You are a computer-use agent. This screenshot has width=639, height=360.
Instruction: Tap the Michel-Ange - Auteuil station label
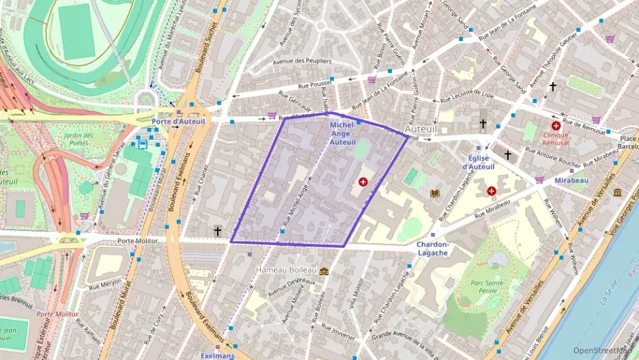(x=342, y=134)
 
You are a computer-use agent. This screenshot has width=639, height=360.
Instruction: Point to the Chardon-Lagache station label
(x=431, y=249)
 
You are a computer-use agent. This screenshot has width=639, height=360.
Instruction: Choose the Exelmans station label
(x=217, y=355)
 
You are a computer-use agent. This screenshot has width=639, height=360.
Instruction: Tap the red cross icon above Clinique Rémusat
(x=556, y=126)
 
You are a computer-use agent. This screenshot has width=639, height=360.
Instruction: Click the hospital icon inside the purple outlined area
(x=363, y=182)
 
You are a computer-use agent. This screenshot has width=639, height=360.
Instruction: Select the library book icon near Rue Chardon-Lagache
(x=434, y=193)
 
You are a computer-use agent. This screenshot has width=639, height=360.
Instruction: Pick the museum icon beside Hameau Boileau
(x=324, y=271)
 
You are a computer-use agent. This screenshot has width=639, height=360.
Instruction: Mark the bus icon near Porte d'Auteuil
(x=142, y=144)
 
